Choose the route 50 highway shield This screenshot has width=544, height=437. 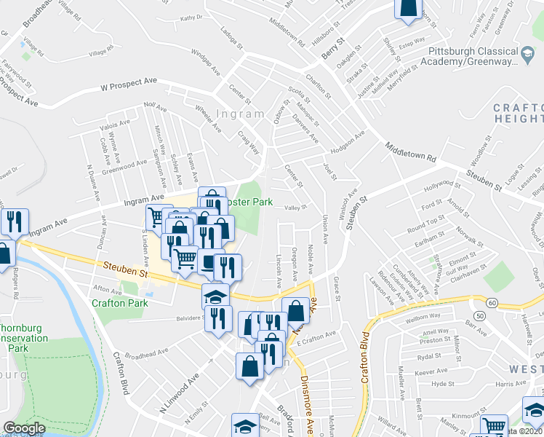pyautogui.click(x=479, y=315)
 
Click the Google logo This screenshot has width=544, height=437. pyautogui.click(x=24, y=428)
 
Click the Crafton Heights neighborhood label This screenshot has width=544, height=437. pyautogui.click(x=518, y=113)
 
